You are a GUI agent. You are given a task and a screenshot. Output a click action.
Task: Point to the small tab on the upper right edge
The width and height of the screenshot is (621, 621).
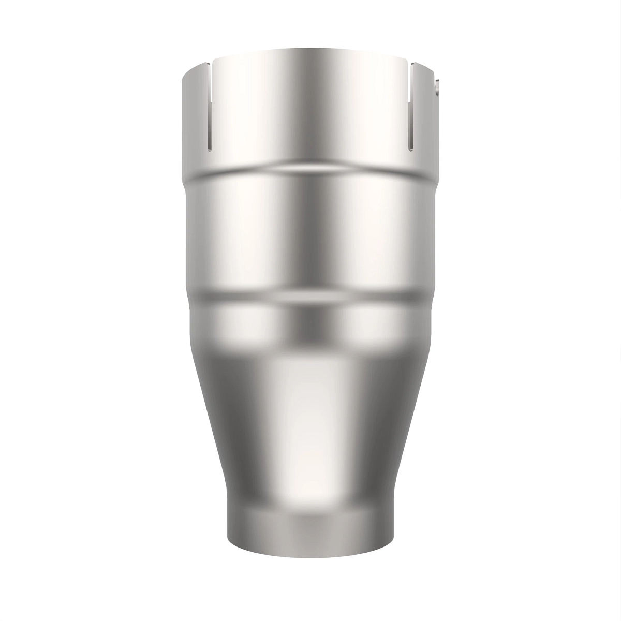[x=438, y=87]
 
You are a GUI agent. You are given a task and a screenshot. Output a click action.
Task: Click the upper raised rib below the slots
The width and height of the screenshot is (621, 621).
[x=310, y=171]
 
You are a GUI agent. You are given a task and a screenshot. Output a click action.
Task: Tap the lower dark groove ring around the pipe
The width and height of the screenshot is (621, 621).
[x=310, y=296]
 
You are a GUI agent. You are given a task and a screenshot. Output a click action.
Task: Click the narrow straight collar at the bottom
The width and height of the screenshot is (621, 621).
[x=310, y=528]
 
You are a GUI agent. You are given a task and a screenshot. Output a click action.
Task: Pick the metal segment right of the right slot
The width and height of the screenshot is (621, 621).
[x=425, y=114]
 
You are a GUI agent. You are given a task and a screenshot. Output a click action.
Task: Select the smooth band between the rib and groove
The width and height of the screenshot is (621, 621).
[x=310, y=233]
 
